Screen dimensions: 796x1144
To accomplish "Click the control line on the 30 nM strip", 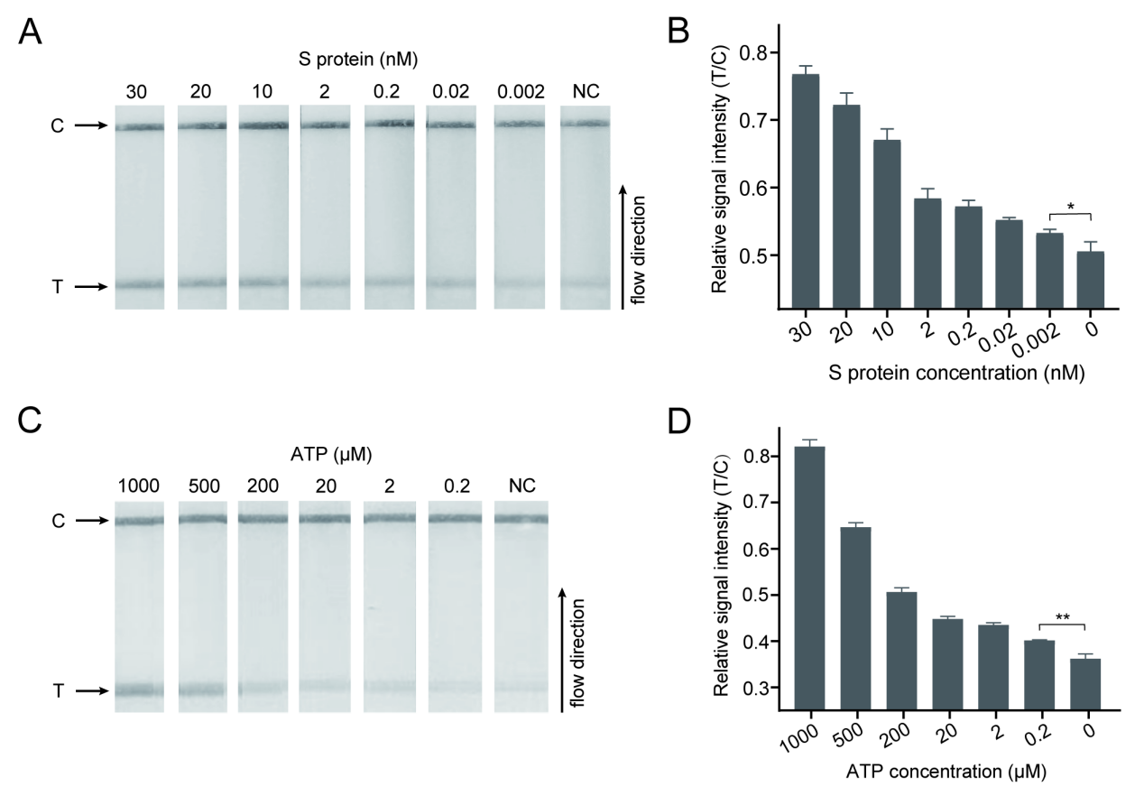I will tap(139, 127).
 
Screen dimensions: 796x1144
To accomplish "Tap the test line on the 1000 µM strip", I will tap(139, 691).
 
